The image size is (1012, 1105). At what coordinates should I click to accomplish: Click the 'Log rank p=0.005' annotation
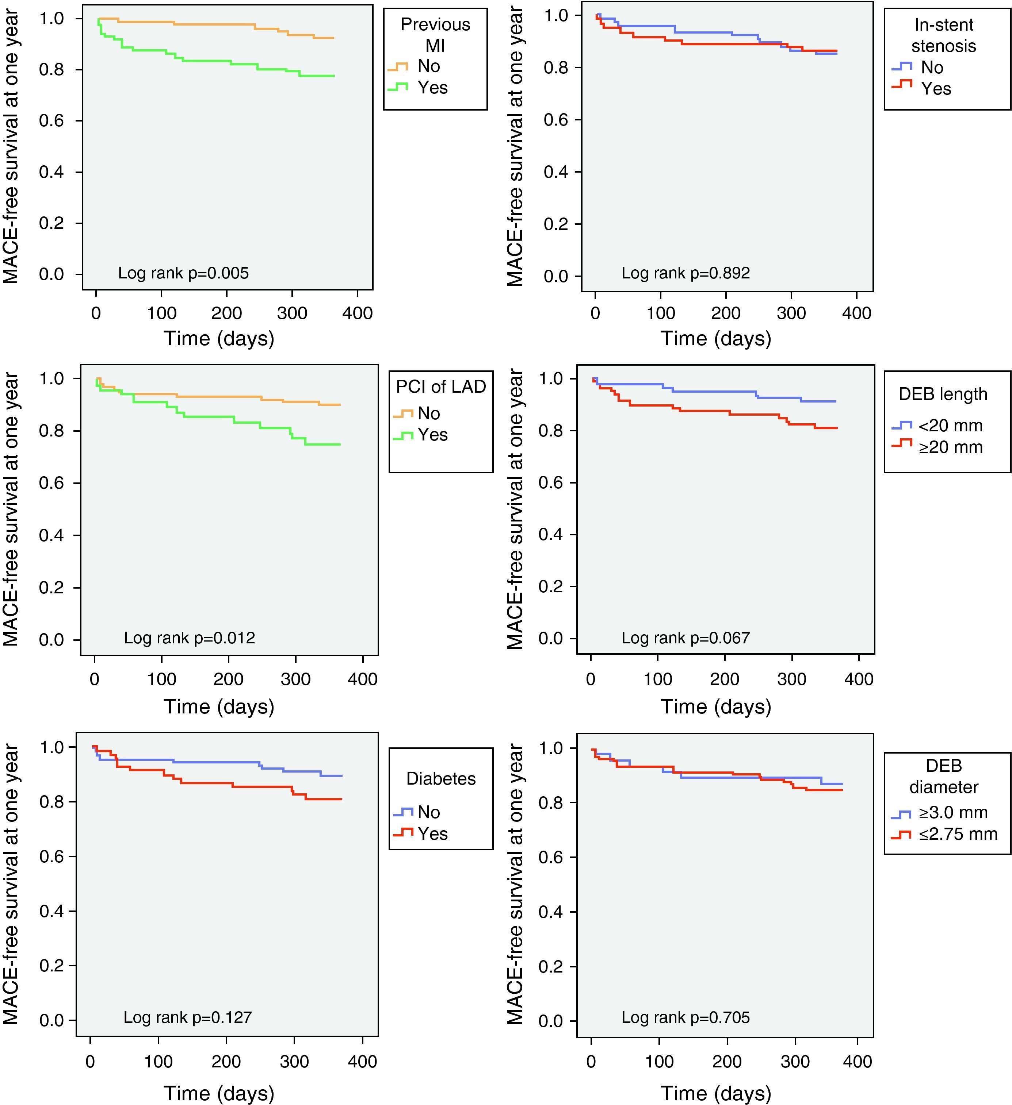click(x=183, y=273)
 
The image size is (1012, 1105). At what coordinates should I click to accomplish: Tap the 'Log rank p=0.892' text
click(x=685, y=273)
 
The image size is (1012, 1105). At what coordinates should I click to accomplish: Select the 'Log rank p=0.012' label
click(x=189, y=638)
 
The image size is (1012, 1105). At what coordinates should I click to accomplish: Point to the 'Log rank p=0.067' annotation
click(x=685, y=638)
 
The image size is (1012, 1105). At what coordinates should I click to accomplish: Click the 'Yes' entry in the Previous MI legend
click(x=432, y=88)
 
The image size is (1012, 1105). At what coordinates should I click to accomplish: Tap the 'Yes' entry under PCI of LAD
click(x=432, y=435)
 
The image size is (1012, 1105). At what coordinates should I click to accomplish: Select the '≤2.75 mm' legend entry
click(x=958, y=834)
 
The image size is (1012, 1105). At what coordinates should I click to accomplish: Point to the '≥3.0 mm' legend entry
click(x=953, y=812)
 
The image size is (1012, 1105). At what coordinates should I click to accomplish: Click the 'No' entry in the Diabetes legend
click(x=428, y=812)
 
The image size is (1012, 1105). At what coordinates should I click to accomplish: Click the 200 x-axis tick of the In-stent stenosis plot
click(x=726, y=313)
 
